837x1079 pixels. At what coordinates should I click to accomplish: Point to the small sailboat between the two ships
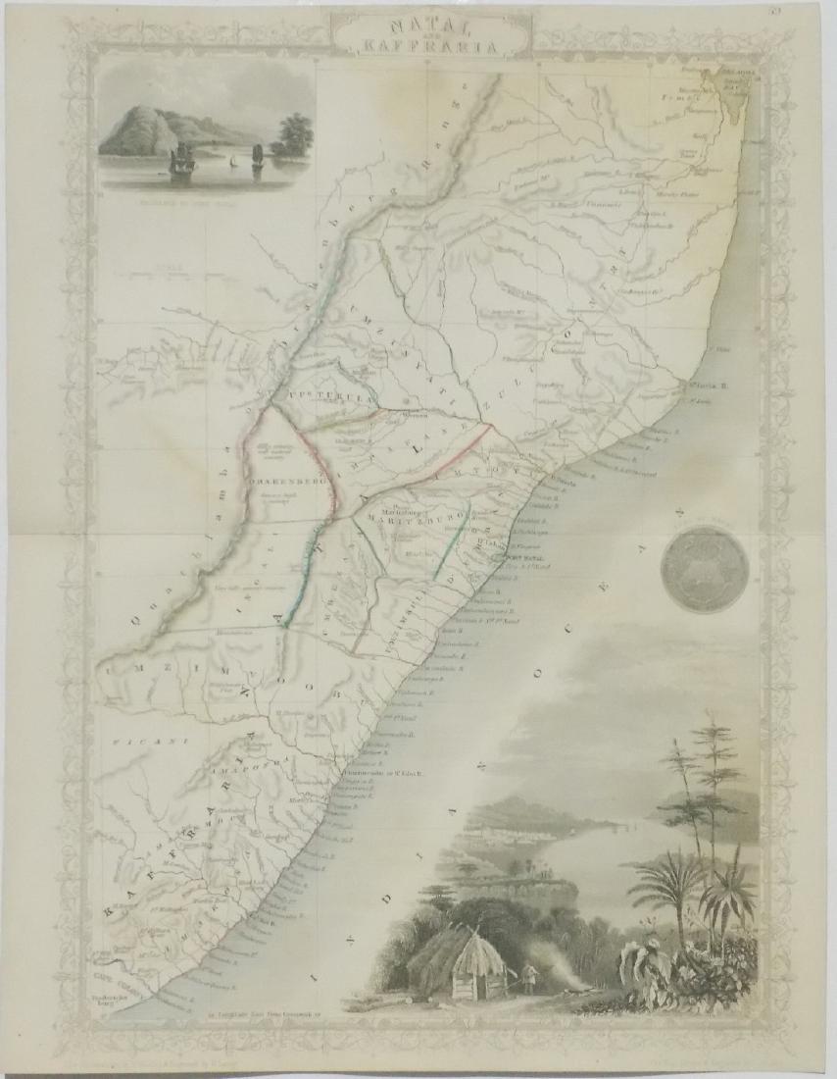click(230, 162)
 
